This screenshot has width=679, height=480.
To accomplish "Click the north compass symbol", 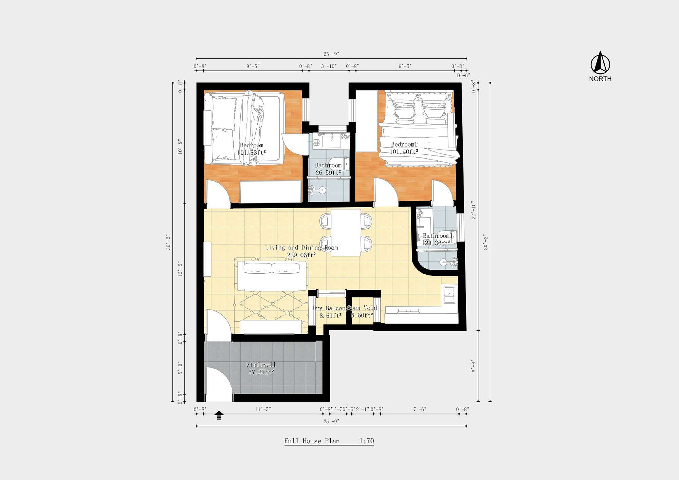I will tap(600, 63).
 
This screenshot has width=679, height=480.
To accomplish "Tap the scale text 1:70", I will tap(367, 441).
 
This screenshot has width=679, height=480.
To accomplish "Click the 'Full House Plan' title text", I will tap(312, 441).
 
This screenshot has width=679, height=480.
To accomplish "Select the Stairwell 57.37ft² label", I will tap(261, 368).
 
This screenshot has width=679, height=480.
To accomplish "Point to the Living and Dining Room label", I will tap(301, 251).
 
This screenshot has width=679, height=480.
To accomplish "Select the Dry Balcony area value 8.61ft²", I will tap(330, 316).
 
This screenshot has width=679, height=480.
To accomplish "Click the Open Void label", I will tap(362, 308).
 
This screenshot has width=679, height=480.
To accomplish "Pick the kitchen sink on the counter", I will tap(449, 295).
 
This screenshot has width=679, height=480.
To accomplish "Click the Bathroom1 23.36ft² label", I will tap(438, 239).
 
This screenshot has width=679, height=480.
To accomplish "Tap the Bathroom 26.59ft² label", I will tap(328, 169).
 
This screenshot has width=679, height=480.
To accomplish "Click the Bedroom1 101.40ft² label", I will tap(404, 148).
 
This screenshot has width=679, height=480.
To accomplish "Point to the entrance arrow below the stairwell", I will tap(219, 415).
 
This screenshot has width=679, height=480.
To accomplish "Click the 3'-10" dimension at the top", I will tap(329, 66).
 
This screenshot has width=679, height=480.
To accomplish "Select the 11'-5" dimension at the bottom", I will tap(263, 409).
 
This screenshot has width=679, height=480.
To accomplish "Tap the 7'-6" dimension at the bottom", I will tap(420, 409).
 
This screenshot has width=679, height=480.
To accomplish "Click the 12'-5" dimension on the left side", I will tap(180, 269).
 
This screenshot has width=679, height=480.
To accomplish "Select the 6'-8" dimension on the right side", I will tap(474, 366).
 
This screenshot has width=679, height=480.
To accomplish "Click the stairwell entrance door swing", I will tap(217, 383).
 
